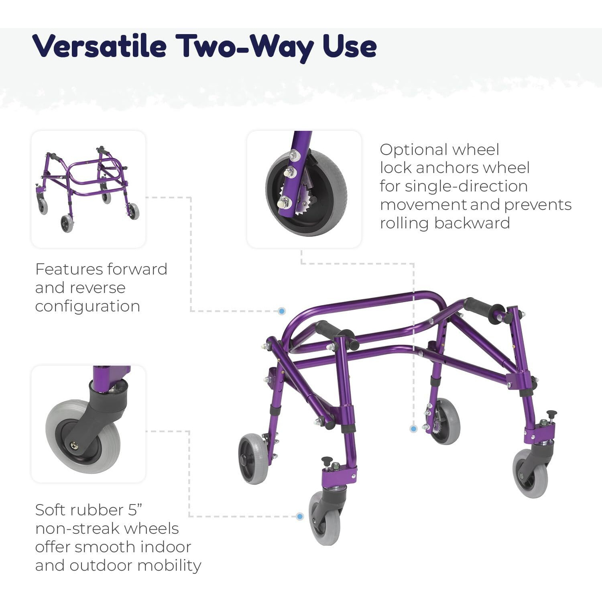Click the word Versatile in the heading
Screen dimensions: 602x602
tap(100, 46)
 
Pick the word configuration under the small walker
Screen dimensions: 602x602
tap(87, 306)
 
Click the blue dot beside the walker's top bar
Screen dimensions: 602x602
tap(282, 311)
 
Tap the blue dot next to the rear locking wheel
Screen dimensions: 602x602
tap(414, 429)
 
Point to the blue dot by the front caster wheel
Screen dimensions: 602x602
tap(300, 516)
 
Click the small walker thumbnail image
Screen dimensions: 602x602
tap(88, 189)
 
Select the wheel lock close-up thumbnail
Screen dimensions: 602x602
tap(304, 189)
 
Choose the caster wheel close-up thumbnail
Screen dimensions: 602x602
tap(88, 423)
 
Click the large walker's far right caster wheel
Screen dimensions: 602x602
tap(530, 474)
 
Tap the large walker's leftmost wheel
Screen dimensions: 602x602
tap(254, 458)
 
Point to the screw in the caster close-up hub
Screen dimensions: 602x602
tap(75, 445)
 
